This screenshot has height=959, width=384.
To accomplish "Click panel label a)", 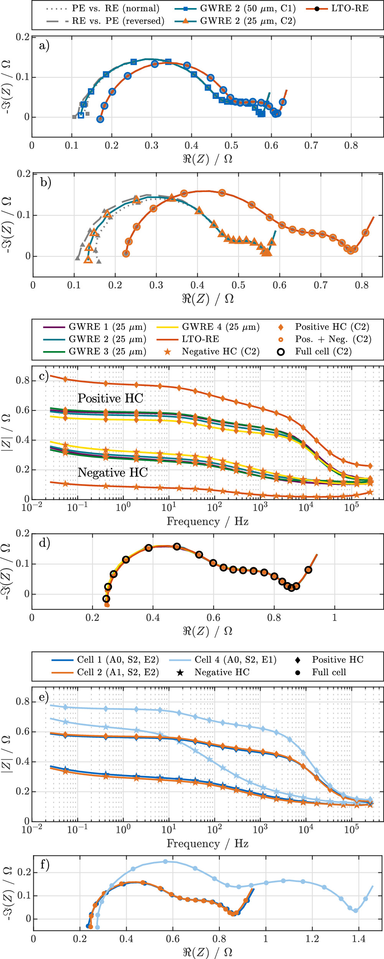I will tap(44, 46).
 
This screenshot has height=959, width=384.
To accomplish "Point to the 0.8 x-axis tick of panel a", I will tap(351, 146).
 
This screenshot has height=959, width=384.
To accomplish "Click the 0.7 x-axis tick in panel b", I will tap(321, 285).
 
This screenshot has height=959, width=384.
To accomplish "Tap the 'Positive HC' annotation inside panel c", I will tap(110, 399).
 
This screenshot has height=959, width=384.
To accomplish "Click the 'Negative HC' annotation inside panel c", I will tap(113, 473).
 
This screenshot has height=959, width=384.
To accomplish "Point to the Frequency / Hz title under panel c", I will tap(207, 522).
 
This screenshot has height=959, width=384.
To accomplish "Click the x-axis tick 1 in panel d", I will tap(335, 618).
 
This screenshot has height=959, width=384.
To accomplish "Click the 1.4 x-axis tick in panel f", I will tap(359, 938).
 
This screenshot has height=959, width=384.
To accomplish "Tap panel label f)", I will tap(45, 864).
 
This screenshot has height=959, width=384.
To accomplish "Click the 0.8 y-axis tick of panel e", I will tap(22, 701).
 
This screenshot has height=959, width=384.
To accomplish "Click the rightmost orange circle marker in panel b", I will tap(366, 233).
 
